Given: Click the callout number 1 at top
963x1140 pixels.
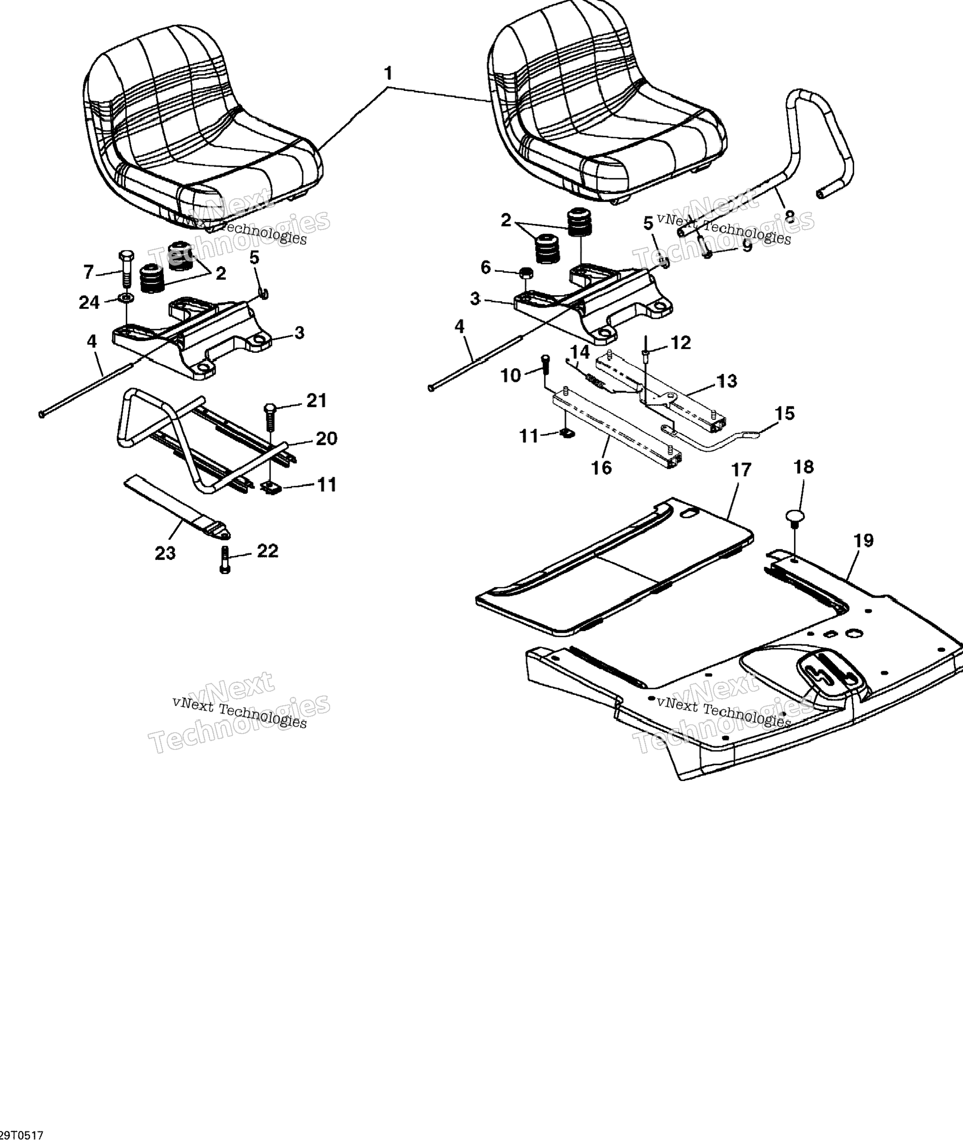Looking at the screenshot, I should pyautogui.click(x=388, y=73).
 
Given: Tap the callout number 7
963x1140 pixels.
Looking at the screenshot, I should pyautogui.click(x=88, y=272).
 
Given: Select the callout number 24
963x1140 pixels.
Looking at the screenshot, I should pyautogui.click(x=89, y=302).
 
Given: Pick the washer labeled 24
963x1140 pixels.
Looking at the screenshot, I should pyautogui.click(x=126, y=299).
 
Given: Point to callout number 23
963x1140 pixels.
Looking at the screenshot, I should pyautogui.click(x=165, y=553).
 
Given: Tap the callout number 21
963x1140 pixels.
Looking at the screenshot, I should pyautogui.click(x=317, y=400).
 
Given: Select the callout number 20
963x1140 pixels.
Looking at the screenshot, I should pyautogui.click(x=326, y=438).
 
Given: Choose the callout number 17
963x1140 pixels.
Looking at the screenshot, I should pyautogui.click(x=741, y=470).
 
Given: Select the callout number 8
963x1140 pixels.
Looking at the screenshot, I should pyautogui.click(x=789, y=216).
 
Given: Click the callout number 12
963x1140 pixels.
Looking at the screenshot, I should pyautogui.click(x=680, y=343).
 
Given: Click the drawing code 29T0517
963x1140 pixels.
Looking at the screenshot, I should pyautogui.click(x=22, y=1135).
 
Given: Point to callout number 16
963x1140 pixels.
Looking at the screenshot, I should pyautogui.click(x=602, y=468).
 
